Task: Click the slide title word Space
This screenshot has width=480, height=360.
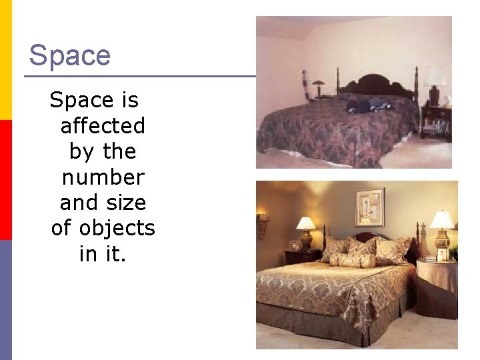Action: pos(70,55)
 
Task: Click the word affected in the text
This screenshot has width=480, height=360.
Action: pos(103,125)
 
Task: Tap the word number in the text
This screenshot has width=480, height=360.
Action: pos(103,177)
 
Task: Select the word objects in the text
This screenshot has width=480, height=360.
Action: pos(117,228)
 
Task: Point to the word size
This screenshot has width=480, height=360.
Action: pos(128,203)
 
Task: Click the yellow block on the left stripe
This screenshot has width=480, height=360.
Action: pos(5,60)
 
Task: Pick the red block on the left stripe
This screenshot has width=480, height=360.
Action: pos(5,180)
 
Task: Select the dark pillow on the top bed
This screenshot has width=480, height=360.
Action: pos(370,105)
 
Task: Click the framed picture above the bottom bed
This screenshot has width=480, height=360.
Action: pos(369,207)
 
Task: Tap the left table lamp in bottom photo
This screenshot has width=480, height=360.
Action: pos(306,230)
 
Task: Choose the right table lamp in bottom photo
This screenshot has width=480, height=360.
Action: pos(441,227)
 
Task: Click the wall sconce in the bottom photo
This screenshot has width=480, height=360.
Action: pos(262,225)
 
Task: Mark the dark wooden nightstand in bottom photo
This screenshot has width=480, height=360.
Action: pos(302,256)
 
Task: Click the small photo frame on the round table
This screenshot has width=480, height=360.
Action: pos(442,254)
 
